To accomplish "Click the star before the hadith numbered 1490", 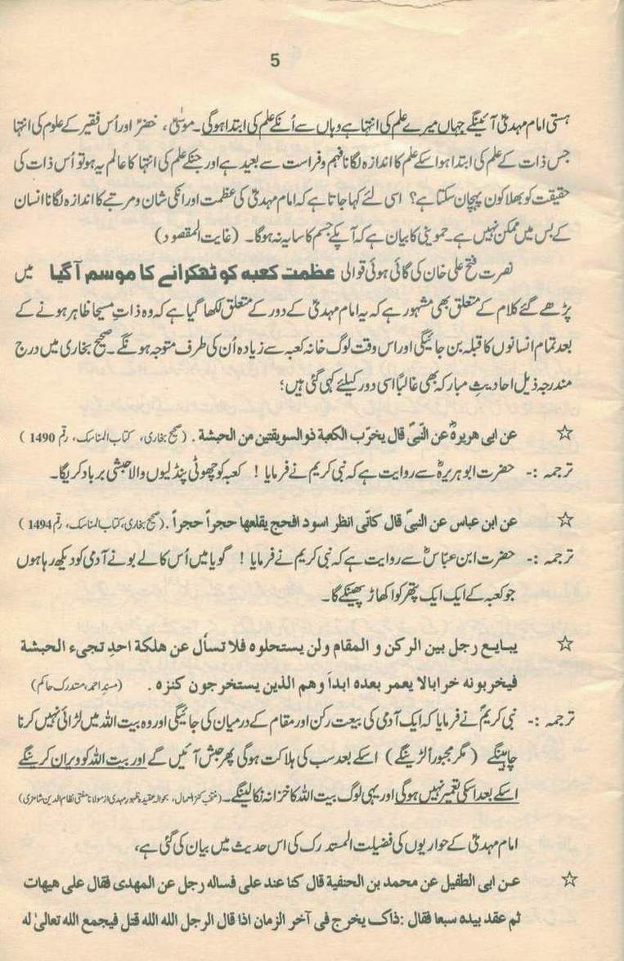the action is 563,433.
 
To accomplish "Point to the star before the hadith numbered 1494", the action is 563,519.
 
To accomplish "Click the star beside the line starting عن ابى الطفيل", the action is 569,878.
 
